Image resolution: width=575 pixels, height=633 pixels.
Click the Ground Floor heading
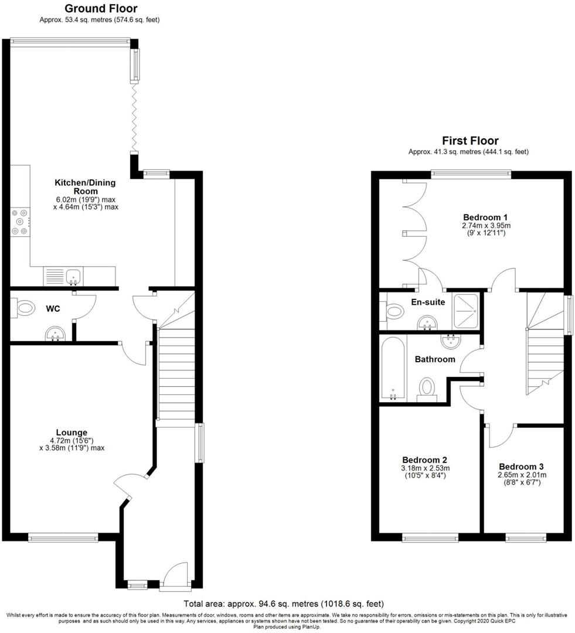(x=101, y=8)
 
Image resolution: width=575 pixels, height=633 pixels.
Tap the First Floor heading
(x=470, y=141)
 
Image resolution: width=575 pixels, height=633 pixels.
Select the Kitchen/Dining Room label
(x=85, y=187)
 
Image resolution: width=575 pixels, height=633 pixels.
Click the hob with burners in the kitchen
(x=20, y=222)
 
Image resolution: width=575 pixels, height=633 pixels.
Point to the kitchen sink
(x=73, y=277)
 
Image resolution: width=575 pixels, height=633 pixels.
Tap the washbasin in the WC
(x=55, y=334)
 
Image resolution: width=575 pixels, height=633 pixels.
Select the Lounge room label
(x=72, y=433)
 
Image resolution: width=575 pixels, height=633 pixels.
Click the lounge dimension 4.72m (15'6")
(x=72, y=440)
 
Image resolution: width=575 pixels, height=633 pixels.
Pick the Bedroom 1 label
(x=485, y=217)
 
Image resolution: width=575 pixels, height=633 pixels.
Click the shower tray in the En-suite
(x=466, y=311)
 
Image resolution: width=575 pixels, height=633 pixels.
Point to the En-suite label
(x=428, y=302)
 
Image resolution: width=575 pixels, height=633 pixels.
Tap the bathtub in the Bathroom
(x=393, y=369)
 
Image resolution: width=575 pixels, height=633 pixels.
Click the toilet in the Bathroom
(x=426, y=389)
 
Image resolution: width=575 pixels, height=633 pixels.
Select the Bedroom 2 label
(x=424, y=460)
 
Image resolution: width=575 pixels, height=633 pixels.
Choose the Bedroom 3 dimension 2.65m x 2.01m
(x=522, y=475)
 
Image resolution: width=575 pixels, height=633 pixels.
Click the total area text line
(x=284, y=604)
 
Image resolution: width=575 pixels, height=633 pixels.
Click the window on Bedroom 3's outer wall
(x=526, y=537)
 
